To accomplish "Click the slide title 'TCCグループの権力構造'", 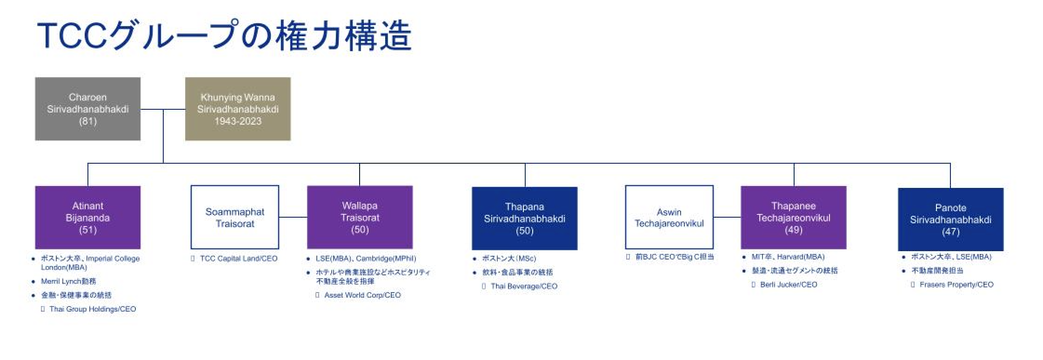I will [x=224, y=35].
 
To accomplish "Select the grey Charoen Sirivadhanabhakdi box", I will [x=88, y=109].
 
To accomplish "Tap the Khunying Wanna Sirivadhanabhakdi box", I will [x=238, y=109].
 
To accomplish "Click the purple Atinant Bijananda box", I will [x=88, y=217].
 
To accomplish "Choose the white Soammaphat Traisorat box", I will [x=234, y=217].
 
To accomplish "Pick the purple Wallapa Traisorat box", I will [x=360, y=217].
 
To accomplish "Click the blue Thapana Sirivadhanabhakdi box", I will [x=524, y=218].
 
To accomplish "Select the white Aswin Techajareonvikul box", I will [x=669, y=217].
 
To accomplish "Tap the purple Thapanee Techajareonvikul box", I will [x=793, y=217].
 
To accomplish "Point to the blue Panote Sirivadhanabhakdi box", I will [x=950, y=219].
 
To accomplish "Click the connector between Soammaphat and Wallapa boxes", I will [x=293, y=217].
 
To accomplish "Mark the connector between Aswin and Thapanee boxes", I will [x=727, y=217].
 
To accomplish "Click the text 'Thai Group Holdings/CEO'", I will [x=93, y=309].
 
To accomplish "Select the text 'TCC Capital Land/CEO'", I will [x=238, y=259].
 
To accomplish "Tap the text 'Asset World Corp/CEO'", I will [x=362, y=295].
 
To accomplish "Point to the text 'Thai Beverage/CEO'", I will [x=524, y=286].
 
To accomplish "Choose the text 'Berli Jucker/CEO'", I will [x=789, y=284].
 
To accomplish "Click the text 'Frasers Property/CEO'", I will [x=956, y=284].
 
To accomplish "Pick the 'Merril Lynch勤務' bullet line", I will [x=68, y=281].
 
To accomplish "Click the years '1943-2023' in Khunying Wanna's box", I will [x=238, y=121].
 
